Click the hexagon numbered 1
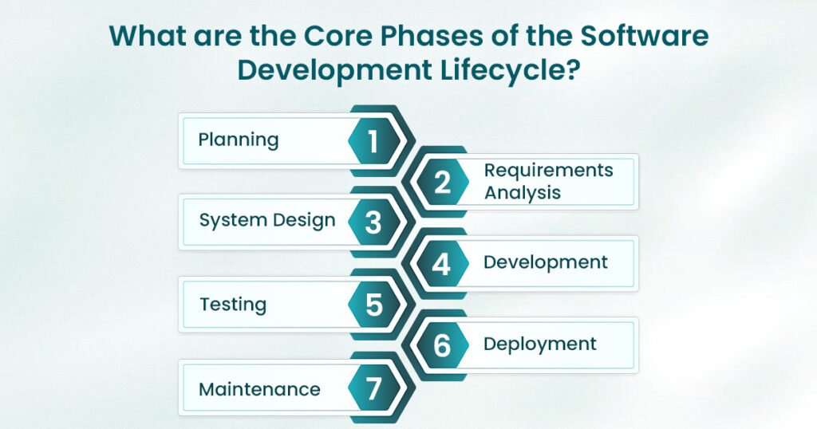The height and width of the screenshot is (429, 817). click(373, 141)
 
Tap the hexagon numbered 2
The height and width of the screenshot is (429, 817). click(441, 183)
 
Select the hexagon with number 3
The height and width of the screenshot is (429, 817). click(373, 223)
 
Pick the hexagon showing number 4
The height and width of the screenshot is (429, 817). click(441, 264)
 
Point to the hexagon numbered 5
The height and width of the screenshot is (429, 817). click(373, 305)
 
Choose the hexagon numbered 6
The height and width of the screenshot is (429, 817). click(441, 346)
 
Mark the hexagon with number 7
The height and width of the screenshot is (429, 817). click(373, 388)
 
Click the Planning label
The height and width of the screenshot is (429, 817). click(239, 140)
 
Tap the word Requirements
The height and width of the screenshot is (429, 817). click(548, 171)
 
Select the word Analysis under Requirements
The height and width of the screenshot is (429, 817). click(523, 192)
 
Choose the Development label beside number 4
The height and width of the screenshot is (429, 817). click(546, 262)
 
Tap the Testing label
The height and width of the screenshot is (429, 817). click(233, 305)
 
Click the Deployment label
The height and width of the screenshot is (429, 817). click(540, 344)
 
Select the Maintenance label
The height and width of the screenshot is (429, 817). click(259, 389)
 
